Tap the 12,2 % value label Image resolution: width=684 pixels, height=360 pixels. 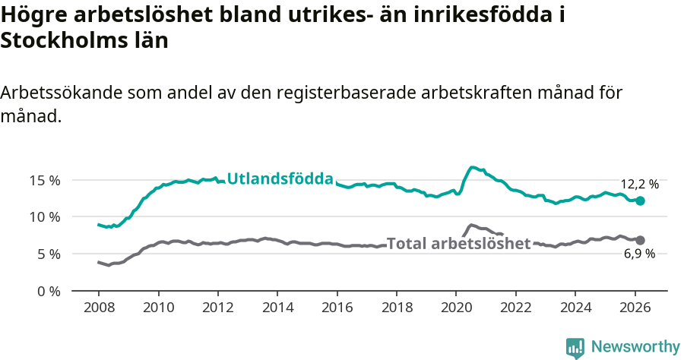tap(639, 184)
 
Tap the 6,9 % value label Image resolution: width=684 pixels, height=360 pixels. tap(639, 254)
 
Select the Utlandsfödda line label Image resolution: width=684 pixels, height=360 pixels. tap(280, 179)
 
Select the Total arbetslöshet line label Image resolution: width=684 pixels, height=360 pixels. tap(458, 244)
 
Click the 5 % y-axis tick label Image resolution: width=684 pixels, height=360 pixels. tap(48, 254)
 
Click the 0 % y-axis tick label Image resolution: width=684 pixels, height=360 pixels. tap(48, 291)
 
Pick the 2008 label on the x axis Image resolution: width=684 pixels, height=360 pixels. tap(99, 308)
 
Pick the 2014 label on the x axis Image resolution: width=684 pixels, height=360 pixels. tap(277, 308)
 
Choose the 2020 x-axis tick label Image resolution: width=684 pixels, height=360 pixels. tap(456, 308)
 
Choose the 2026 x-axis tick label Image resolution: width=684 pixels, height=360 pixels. tap(635, 308)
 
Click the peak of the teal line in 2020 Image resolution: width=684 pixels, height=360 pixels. tap(473, 167)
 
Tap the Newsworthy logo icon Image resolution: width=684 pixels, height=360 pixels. tap(575, 348)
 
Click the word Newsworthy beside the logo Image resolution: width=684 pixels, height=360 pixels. tap(635, 347)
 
